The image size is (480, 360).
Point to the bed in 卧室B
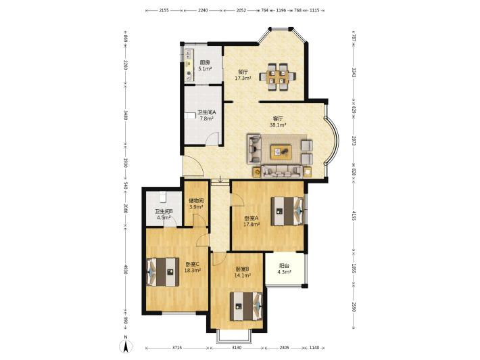(x=246, y=307)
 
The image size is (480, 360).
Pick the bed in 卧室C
(x=162, y=272)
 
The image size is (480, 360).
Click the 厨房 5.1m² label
(x=205, y=66)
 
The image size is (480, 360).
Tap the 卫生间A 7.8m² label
(x=206, y=115)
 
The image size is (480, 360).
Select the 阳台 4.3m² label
(x=284, y=269)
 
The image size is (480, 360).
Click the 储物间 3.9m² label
(x=196, y=204)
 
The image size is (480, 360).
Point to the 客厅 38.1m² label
(x=278, y=122)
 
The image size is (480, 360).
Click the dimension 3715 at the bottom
(x=177, y=348)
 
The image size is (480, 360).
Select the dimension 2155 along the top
(x=164, y=10)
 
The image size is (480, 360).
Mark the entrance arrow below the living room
(x=220, y=179)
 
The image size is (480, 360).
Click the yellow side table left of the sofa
(x=257, y=173)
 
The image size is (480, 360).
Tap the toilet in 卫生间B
(x=162, y=196)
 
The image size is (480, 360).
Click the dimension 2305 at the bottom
(x=284, y=348)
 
